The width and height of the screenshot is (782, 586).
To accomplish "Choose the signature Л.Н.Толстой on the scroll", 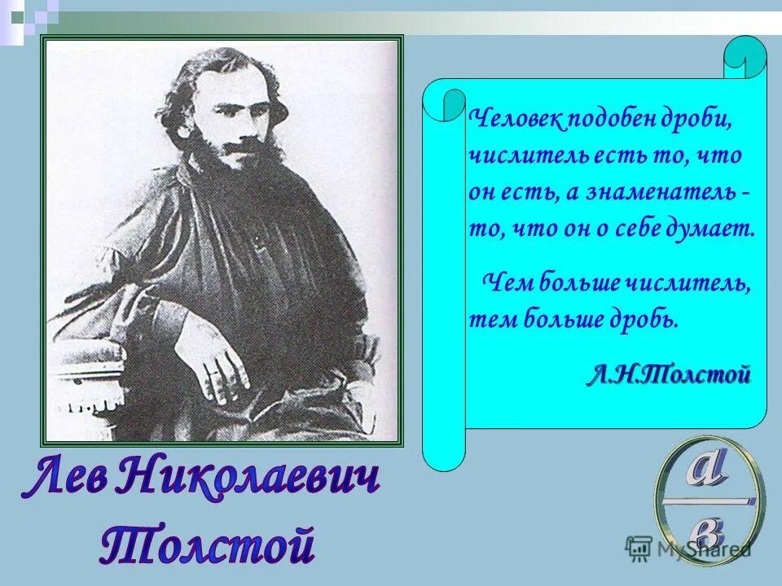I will point(667,375).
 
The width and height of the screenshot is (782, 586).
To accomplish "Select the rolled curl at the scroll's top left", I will point(444,102).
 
